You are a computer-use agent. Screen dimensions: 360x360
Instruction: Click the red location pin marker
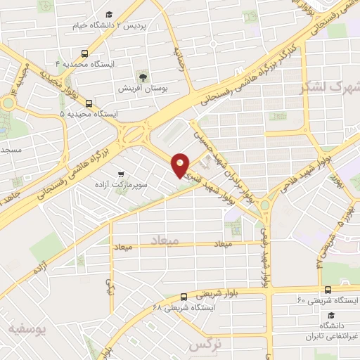point(181,165)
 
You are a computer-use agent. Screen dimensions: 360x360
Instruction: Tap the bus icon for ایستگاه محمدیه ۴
point(85,53)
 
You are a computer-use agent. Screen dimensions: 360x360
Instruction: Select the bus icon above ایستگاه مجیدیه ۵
point(88,102)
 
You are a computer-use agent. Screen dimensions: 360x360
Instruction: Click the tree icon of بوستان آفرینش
point(143,75)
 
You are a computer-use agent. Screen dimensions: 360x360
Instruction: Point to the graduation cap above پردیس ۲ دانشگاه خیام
point(109,14)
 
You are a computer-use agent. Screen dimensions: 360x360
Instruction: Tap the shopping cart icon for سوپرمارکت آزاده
point(122,174)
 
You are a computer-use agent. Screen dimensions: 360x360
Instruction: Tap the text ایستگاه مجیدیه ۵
point(88,113)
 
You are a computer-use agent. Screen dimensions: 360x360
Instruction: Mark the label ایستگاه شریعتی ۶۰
point(327,300)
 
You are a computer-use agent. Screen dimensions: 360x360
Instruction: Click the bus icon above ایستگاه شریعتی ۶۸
point(183,297)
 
